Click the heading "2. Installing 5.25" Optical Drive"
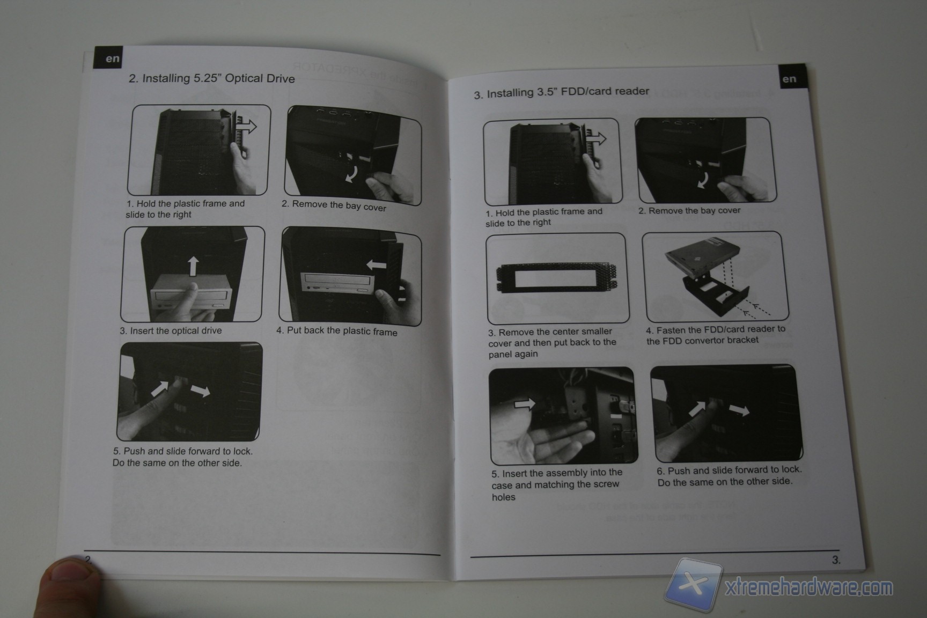[x=212, y=78]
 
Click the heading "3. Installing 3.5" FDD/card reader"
[x=561, y=92]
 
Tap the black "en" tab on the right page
[x=789, y=79]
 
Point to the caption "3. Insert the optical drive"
[x=171, y=330]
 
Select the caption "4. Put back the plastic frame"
[x=337, y=331]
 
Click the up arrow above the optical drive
[x=193, y=266]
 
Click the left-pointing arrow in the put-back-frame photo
[x=376, y=264]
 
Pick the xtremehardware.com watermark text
[x=809, y=588]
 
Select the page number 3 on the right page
[x=836, y=560]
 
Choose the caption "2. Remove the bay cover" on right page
[x=689, y=211]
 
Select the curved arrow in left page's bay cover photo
[x=351, y=173]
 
